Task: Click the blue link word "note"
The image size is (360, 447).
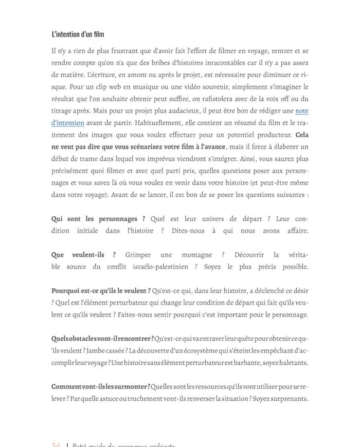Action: click(x=302, y=110)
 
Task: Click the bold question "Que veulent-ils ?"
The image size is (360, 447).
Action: click(x=84, y=255)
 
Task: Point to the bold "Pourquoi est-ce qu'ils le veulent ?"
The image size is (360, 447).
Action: click(x=101, y=291)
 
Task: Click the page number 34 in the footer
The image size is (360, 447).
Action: click(x=56, y=445)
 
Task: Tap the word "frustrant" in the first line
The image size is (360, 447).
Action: click(x=122, y=51)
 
